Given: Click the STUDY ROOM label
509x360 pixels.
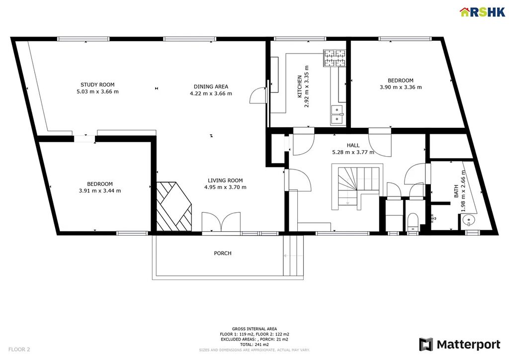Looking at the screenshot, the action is point(97,85).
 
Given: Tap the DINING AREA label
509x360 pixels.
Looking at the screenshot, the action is point(211,87).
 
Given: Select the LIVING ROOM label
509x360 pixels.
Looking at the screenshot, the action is point(225,180).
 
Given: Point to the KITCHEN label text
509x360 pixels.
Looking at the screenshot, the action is point(300,87).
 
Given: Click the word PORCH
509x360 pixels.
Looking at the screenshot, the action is point(223,253).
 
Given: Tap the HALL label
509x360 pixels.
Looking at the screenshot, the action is point(353,145).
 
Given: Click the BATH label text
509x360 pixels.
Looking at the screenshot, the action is point(456,191).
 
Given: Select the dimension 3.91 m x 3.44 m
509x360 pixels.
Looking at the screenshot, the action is point(100,191).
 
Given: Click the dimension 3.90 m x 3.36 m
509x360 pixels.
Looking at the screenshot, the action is point(401,87).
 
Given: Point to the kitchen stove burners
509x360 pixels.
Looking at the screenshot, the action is point(335,58).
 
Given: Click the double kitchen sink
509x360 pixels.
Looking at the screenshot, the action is point(338,115).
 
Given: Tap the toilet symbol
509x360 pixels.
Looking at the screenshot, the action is point(413,222).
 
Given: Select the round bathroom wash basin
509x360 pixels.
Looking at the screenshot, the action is point(468,221).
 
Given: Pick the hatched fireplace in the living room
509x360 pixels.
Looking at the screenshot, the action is point(174,207).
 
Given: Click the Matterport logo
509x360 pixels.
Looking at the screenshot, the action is point(460,345).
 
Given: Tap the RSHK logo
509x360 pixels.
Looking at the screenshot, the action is point(483,12).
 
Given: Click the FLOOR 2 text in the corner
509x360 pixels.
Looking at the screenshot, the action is point(19,350).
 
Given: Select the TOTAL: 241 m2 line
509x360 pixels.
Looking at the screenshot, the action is point(254,345).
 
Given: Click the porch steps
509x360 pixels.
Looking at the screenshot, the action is point(293,256).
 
